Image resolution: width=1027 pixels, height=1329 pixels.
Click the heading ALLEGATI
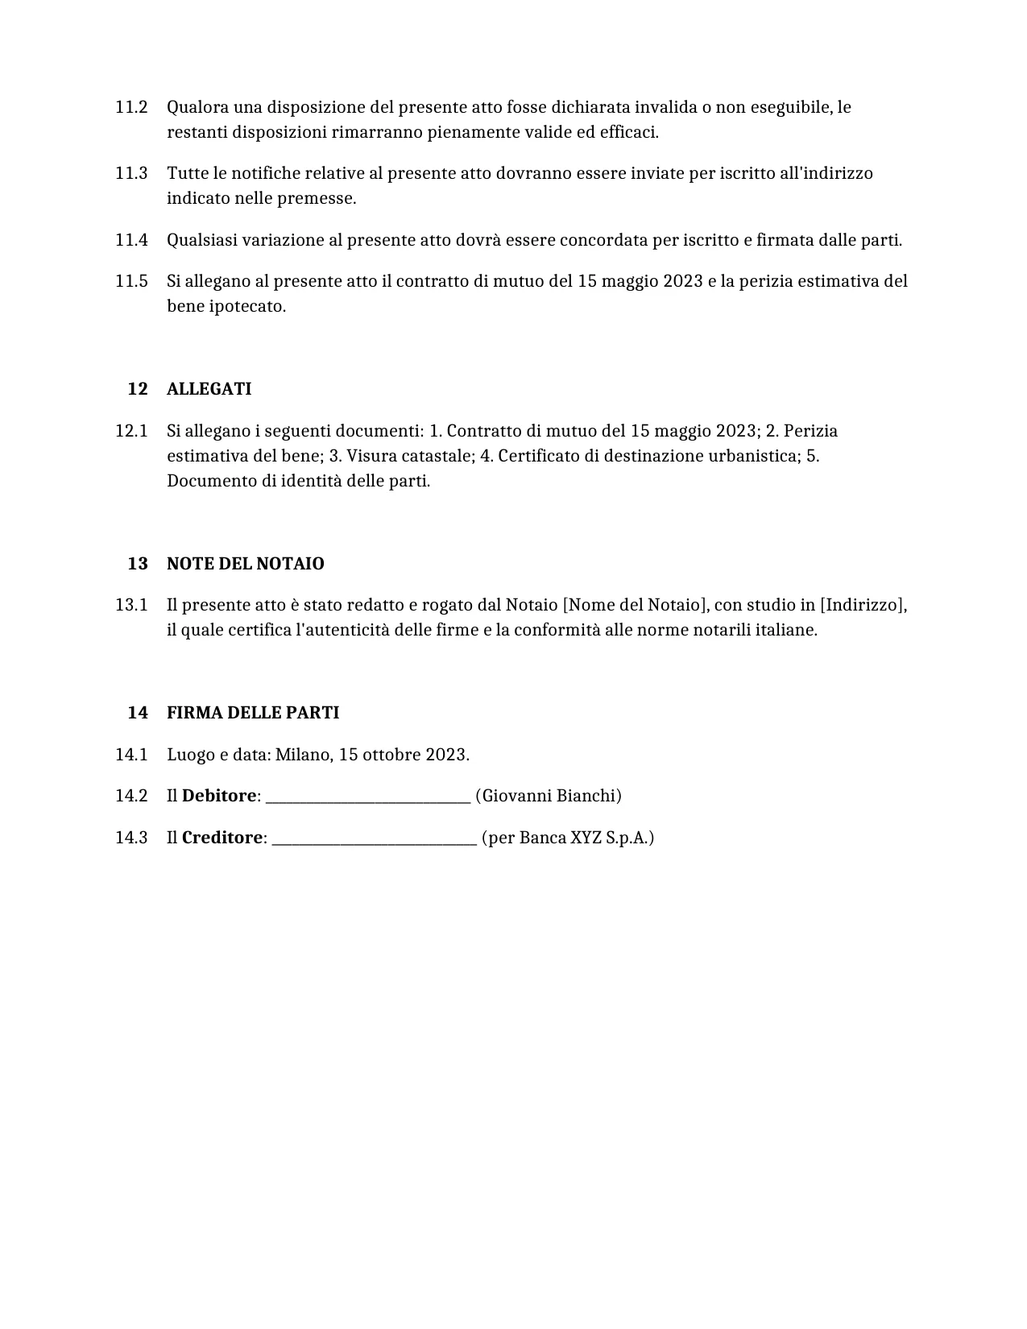(209, 389)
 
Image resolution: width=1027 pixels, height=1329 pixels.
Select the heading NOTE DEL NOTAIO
(245, 564)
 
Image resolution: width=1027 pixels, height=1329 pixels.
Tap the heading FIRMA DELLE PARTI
(252, 713)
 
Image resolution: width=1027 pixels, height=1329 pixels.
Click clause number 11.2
(131, 107)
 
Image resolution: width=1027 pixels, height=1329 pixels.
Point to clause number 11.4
(131, 240)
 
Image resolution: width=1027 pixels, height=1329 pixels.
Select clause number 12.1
(131, 431)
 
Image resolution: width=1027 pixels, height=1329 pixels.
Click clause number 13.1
(131, 605)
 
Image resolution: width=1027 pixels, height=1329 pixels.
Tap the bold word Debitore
(218, 796)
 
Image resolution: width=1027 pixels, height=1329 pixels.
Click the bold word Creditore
(222, 838)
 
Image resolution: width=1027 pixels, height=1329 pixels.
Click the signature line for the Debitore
(367, 797)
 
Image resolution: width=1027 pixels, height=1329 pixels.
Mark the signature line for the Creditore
(374, 839)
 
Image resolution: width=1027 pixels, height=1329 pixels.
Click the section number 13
(138, 564)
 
